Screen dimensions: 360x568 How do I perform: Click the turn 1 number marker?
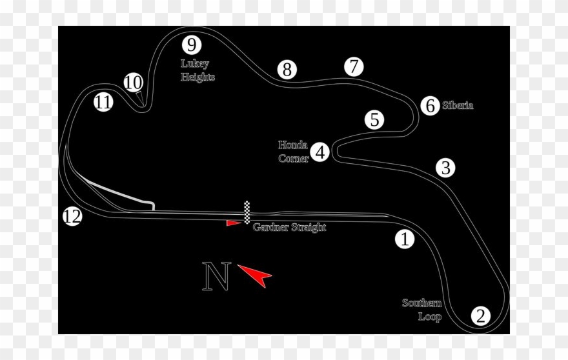click(405, 239)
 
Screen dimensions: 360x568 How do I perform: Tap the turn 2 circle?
click(480, 315)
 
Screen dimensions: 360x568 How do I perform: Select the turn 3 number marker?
click(445, 168)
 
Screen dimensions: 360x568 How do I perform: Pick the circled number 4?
click(320, 152)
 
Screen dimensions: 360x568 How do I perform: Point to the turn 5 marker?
click(374, 119)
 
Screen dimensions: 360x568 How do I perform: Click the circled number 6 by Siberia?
click(431, 105)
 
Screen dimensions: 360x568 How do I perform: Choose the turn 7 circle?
click(353, 66)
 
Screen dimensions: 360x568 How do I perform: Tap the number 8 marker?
click(287, 70)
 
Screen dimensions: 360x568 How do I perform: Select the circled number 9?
click(191, 45)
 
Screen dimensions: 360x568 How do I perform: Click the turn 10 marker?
click(133, 83)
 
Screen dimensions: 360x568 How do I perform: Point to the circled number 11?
click(103, 102)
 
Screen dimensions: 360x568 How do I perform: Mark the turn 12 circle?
click(72, 216)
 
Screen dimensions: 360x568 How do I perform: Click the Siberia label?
click(458, 105)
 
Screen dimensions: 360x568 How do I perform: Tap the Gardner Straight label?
click(289, 227)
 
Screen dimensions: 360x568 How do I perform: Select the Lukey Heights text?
click(198, 70)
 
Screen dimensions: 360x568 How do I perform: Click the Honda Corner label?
click(293, 152)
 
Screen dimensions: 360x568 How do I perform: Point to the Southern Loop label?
click(422, 310)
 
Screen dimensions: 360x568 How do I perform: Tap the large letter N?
click(217, 276)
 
